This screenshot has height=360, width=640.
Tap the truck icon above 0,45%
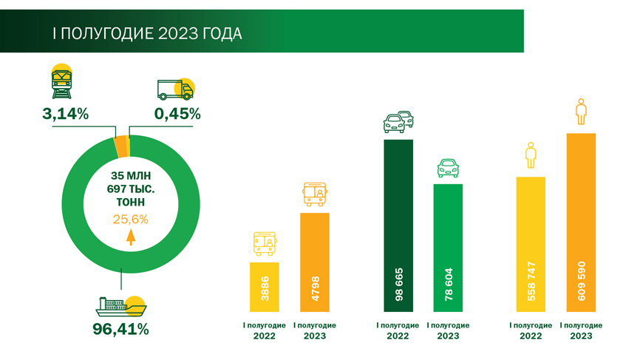(x=175, y=89)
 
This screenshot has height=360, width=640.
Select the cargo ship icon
(x=120, y=305)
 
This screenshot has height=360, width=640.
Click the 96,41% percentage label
(x=120, y=329)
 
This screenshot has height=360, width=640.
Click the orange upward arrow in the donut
(x=131, y=237)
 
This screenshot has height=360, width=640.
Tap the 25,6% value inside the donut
(x=131, y=219)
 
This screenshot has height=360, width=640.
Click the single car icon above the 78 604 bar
(x=448, y=168)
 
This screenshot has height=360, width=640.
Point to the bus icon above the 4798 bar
(x=314, y=194)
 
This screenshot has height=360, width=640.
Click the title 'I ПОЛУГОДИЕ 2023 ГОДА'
(x=146, y=34)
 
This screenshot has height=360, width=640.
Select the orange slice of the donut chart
(x=121, y=146)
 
